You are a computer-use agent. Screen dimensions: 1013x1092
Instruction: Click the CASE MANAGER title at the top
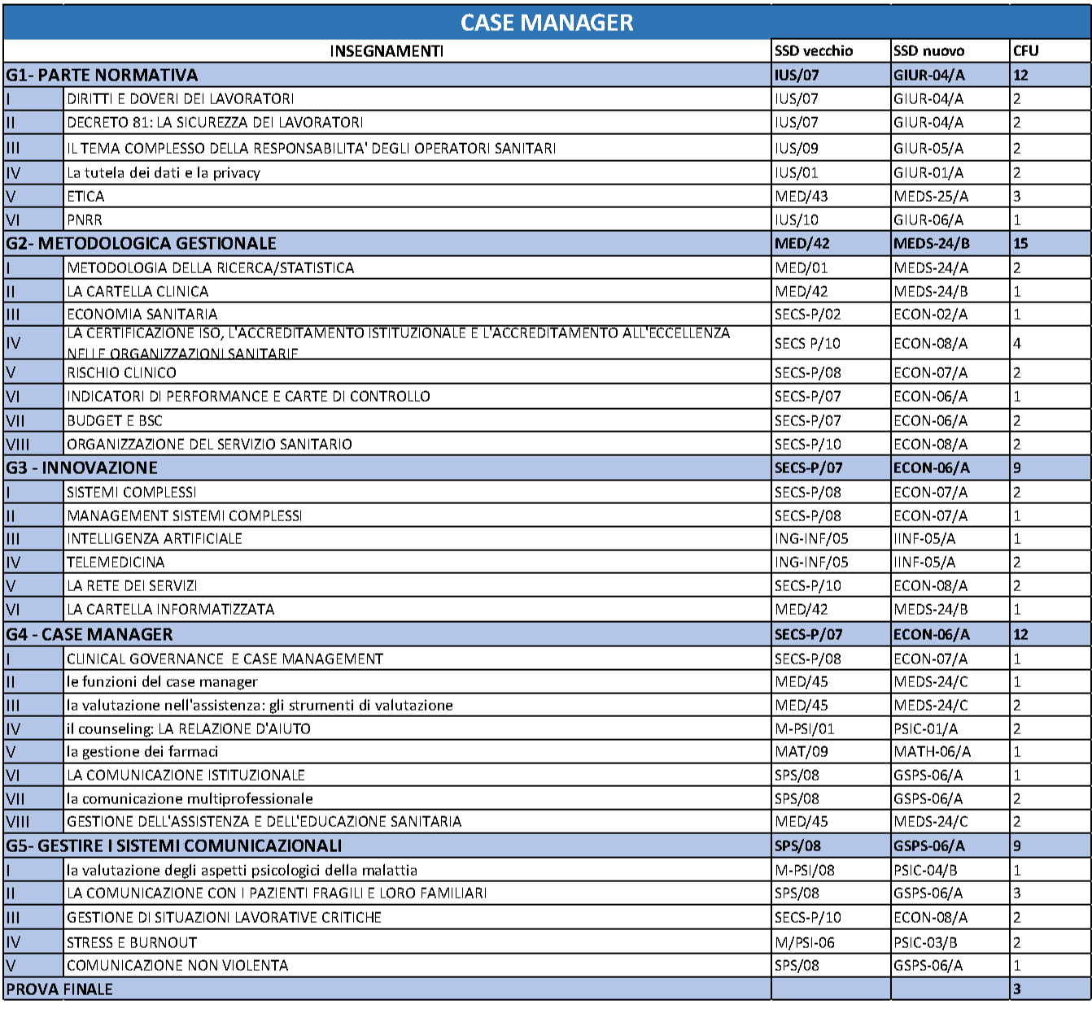coord(547,23)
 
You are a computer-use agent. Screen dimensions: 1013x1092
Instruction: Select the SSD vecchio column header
coord(814,51)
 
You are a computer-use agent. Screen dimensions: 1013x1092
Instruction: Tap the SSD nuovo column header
coord(928,51)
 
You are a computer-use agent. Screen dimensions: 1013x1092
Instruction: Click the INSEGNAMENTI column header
coord(387,51)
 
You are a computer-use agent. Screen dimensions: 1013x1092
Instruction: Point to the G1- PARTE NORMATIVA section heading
coord(102,76)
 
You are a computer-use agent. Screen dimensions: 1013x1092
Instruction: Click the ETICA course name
coord(85,197)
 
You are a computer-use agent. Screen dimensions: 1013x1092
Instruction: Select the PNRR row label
coord(85,220)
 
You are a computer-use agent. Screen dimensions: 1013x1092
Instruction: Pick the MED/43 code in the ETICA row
coord(802,197)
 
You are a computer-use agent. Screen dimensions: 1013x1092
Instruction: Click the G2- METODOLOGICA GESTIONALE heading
coord(141,244)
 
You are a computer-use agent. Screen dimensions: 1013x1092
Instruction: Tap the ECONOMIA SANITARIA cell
coord(142,315)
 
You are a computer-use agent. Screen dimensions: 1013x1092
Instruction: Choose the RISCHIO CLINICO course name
coord(121,373)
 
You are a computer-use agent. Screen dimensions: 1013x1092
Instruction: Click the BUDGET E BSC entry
coord(115,421)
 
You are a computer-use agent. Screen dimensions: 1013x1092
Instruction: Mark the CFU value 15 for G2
coord(1020,244)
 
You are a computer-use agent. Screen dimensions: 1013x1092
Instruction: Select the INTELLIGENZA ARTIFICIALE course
coord(155,539)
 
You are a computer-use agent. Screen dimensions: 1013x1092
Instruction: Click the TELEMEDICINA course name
coord(116,563)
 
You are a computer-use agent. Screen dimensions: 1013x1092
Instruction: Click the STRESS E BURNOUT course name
coord(132,943)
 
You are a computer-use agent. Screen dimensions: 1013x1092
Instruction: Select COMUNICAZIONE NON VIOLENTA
coord(177,966)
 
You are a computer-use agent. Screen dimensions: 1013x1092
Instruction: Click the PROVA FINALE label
coord(59,989)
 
